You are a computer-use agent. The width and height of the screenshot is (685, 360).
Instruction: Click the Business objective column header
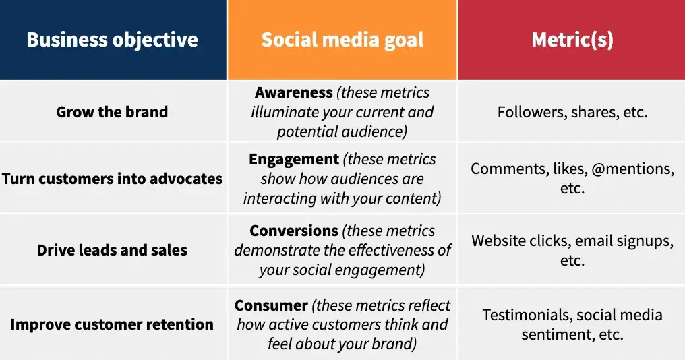click(112, 40)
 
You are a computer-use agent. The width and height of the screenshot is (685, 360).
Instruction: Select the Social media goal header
click(342, 40)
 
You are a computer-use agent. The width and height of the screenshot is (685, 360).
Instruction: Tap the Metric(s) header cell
click(572, 40)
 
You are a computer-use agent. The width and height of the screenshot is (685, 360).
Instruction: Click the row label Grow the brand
click(112, 112)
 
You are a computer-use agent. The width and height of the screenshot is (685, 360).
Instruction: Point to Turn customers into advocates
click(112, 179)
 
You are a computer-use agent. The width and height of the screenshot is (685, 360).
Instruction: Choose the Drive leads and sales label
click(112, 250)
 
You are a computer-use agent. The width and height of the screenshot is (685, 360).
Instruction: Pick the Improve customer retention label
click(112, 324)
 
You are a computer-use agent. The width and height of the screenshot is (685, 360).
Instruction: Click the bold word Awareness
click(294, 93)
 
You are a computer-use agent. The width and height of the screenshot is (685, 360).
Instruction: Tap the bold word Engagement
click(294, 160)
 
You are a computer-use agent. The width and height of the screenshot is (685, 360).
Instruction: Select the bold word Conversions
click(294, 231)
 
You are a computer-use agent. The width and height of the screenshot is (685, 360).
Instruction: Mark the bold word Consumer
click(271, 305)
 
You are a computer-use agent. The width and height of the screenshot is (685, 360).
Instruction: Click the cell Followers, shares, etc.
click(572, 112)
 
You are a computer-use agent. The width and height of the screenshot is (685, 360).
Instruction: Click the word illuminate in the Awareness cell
click(285, 112)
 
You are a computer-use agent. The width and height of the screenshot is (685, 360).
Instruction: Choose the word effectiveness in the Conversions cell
click(390, 250)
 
